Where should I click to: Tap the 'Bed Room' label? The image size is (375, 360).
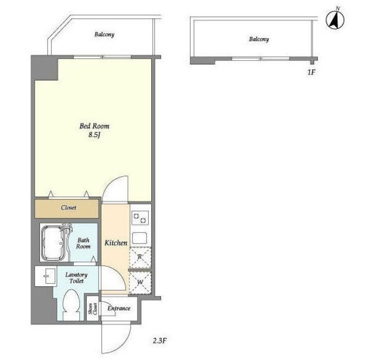(x=94, y=126)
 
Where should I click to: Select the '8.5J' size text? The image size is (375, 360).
(x=94, y=135)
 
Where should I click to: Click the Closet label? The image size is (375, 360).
(x=69, y=208)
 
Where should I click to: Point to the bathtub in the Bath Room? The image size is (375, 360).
(x=53, y=243)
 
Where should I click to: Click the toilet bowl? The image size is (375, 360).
(x=71, y=304)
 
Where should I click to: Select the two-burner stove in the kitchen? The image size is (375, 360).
(x=140, y=218)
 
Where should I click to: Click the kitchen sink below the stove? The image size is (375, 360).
(x=139, y=238)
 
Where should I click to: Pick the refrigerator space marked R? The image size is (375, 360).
(x=140, y=258)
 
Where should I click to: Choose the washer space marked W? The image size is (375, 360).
(x=140, y=283)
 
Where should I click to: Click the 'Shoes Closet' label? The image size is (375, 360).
(x=93, y=308)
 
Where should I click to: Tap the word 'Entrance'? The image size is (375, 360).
(x=119, y=308)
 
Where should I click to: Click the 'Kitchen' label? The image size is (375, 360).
(x=116, y=243)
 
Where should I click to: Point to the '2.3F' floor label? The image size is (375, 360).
(x=160, y=341)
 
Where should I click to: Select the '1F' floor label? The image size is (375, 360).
(x=311, y=72)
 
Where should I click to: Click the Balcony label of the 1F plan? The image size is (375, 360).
(x=259, y=39)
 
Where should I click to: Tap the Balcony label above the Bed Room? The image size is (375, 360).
(x=104, y=35)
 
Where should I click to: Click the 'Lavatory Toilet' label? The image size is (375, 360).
(x=77, y=277)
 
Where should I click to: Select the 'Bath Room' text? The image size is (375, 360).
(x=83, y=243)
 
